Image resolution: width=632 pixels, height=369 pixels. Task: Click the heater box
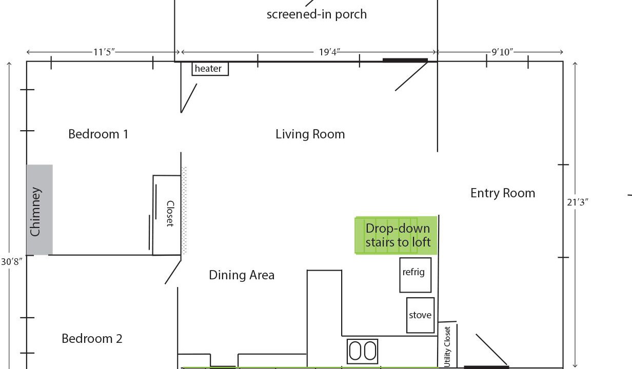tap(210, 69)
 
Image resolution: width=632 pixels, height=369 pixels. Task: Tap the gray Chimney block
tap(39, 210)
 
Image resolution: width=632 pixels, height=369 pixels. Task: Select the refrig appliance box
tap(416, 275)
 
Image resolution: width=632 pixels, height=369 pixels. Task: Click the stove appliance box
tap(421, 315)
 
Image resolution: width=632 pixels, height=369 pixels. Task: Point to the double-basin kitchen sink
tap(363, 351)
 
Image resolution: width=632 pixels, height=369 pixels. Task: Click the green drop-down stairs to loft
tap(396, 235)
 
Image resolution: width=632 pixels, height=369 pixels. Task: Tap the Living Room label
tap(310, 134)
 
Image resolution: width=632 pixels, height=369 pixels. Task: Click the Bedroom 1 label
tap(98, 134)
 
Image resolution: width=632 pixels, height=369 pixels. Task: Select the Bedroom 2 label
tap(92, 339)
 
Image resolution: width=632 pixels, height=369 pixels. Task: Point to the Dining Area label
tap(242, 275)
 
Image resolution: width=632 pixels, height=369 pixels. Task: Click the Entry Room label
tap(503, 193)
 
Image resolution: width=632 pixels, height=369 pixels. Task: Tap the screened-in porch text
tap(317, 14)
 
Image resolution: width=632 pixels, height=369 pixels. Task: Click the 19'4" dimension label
tap(329, 52)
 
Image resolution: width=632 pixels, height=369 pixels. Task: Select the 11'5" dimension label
tap(104, 52)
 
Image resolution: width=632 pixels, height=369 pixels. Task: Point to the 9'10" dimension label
tap(502, 52)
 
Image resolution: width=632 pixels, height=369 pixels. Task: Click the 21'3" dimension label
tap(578, 202)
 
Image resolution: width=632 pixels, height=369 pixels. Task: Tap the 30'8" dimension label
tap(12, 262)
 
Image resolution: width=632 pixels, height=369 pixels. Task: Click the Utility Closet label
tap(447, 347)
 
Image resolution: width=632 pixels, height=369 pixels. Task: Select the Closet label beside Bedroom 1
tap(170, 213)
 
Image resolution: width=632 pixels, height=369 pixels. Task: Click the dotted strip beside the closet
tap(184, 211)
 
